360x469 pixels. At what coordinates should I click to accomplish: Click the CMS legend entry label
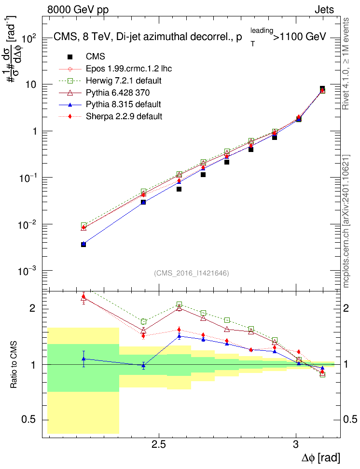point(95,56)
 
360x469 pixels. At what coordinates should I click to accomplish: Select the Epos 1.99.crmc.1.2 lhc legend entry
point(129,69)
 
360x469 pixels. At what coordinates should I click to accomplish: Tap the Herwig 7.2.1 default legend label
point(124,81)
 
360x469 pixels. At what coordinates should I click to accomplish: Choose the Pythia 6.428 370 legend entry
point(118,93)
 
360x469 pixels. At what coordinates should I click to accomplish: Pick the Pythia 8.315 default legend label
point(123,104)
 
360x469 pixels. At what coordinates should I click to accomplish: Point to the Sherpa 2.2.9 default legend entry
point(124,116)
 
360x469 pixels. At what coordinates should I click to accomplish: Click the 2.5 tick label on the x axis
point(159,445)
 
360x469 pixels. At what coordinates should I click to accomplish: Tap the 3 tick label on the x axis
point(296,445)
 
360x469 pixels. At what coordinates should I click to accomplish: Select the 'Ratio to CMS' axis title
point(14,365)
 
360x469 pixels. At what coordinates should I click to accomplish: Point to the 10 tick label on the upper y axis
point(31,84)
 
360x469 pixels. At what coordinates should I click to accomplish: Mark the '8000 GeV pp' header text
point(78,10)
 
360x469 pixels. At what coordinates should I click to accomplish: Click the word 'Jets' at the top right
point(324,10)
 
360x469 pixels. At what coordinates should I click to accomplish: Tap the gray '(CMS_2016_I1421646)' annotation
point(192,273)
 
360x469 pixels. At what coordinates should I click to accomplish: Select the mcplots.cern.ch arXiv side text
point(346,221)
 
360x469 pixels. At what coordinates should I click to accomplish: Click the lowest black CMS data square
point(83,244)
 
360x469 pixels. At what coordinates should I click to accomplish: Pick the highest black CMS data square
point(322,88)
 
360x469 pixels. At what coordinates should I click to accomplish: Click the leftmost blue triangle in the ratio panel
point(83,359)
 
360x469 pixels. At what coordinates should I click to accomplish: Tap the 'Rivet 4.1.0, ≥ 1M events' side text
point(346,64)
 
